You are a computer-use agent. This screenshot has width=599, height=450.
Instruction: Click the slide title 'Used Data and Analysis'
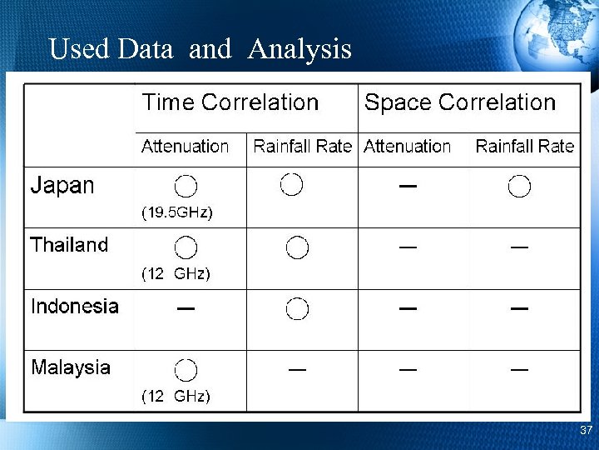pos(200,49)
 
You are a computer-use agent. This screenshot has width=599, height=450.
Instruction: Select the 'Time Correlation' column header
pos(230,102)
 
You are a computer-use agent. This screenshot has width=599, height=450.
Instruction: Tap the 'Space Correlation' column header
pos(459,102)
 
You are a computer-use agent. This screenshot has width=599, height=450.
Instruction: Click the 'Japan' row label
pos(62,185)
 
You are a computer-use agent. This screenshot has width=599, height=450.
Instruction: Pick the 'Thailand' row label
pos(69,245)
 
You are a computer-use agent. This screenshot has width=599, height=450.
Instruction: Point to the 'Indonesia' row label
pos(74,306)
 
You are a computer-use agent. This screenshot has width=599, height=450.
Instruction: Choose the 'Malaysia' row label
pos(70,367)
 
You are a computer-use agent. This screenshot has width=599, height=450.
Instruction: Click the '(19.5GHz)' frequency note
pos(176,212)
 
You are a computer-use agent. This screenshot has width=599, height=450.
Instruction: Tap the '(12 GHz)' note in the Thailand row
pos(176,273)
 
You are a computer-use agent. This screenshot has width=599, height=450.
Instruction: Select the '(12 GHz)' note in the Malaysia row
pos(176,396)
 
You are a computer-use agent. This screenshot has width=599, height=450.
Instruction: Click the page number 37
pos(586,431)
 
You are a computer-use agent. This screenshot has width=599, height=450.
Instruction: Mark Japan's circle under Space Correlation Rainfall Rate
pos(520,187)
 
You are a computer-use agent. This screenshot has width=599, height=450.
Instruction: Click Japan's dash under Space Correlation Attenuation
pos(408,186)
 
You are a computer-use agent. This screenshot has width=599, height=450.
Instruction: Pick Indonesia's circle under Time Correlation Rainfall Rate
pos(297,308)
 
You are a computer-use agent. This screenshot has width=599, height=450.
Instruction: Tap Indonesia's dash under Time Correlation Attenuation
pos(186,308)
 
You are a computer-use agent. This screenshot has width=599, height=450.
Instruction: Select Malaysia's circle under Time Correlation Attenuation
pos(186,370)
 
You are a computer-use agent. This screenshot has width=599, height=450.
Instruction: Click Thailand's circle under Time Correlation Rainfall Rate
pos(297,247)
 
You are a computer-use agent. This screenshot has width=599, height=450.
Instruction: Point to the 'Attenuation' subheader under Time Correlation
pos(185,147)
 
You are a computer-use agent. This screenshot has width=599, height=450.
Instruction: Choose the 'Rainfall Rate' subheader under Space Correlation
pos(524,147)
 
